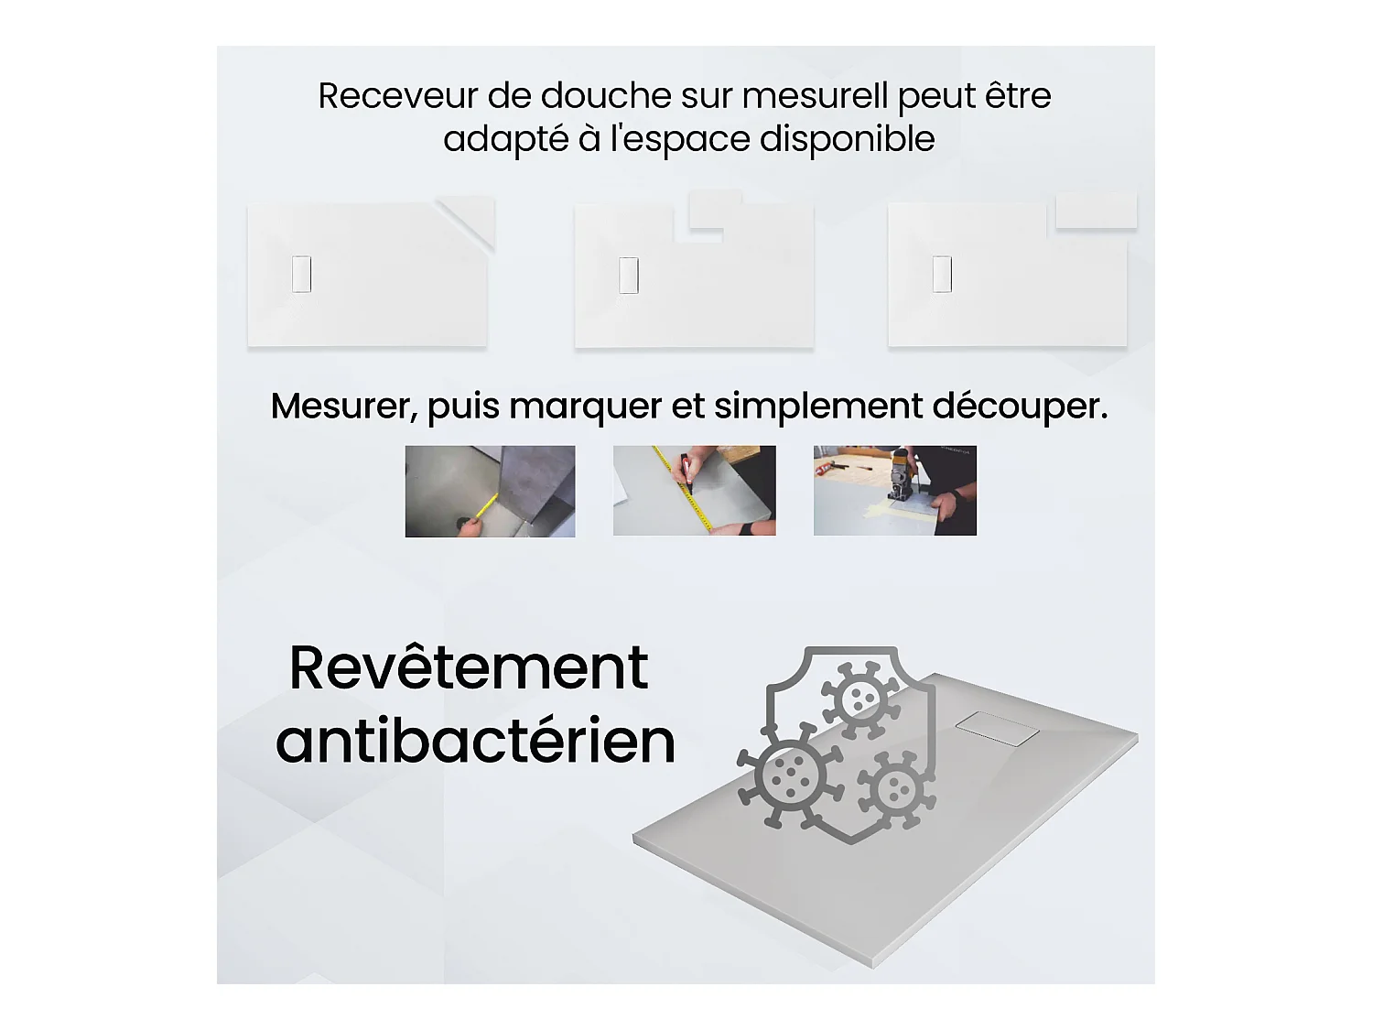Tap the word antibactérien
click(x=475, y=741)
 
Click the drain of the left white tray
click(x=301, y=274)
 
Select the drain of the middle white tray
click(x=629, y=275)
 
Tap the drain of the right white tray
click(x=942, y=274)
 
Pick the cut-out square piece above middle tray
click(x=715, y=210)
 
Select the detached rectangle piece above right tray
click(x=1096, y=211)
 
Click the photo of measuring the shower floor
click(x=490, y=491)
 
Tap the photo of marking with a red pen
click(x=694, y=490)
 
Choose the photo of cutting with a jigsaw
click(x=894, y=490)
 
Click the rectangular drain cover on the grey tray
click(x=997, y=729)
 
